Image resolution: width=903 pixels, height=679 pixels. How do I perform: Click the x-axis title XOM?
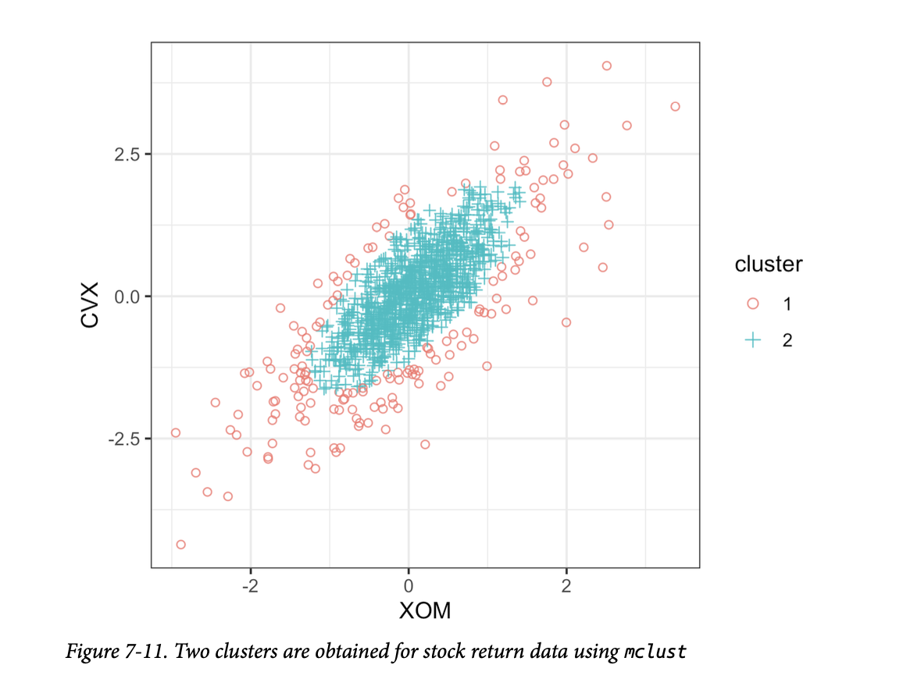pos(425,610)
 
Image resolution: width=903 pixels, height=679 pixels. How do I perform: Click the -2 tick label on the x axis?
pos(250,585)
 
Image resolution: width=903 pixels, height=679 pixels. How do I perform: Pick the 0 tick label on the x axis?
pos(408,585)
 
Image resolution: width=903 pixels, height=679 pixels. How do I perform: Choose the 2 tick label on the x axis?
pos(566,585)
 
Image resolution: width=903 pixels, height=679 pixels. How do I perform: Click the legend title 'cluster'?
pos(768,265)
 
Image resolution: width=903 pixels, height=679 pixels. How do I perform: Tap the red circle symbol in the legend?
pos(753,304)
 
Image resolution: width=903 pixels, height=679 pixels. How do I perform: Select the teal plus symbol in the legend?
pos(753,340)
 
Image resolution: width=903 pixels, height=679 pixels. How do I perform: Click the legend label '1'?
pos(787,304)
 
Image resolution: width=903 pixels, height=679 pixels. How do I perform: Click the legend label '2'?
pos(787,340)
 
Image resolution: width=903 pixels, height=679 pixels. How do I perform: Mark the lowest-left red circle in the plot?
pos(180,544)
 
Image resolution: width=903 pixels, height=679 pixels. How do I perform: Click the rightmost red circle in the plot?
pos(675,106)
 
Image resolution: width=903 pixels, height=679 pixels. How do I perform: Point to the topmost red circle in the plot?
pos(606,66)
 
